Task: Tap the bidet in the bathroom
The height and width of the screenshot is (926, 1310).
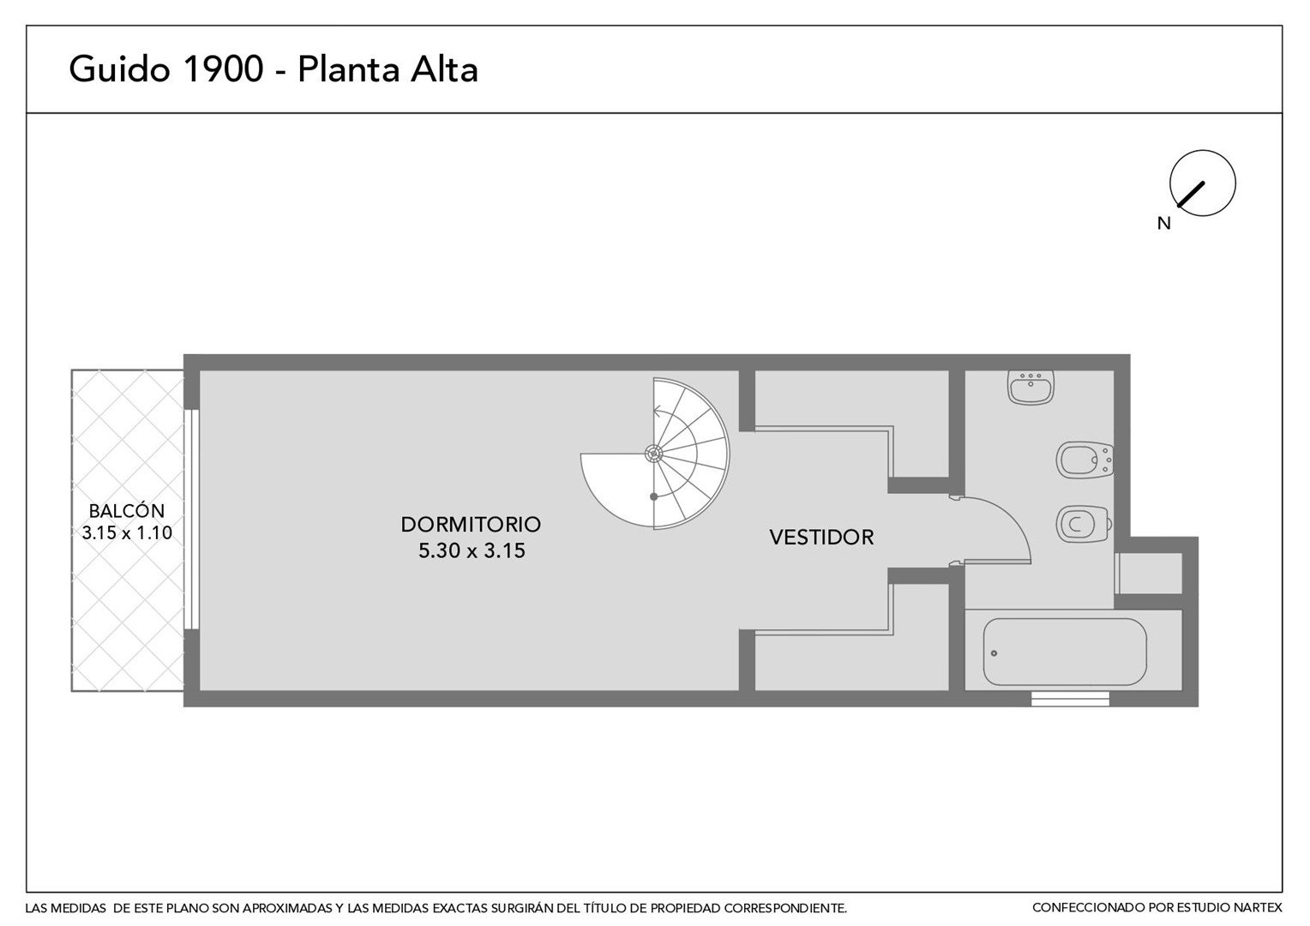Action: (x=1085, y=460)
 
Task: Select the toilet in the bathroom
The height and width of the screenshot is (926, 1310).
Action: (x=1084, y=524)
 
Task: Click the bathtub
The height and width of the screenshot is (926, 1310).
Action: (x=1065, y=652)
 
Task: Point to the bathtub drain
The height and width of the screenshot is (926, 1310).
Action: (x=995, y=653)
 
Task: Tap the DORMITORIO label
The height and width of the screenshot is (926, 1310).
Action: (x=471, y=524)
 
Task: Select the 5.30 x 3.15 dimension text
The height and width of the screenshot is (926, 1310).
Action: (x=472, y=550)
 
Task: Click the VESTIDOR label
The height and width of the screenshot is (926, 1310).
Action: (x=821, y=537)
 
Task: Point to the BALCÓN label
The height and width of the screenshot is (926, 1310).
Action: (x=127, y=511)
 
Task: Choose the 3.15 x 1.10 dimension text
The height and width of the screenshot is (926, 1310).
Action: (x=127, y=533)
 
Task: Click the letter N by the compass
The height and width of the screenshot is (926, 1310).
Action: (x=1163, y=224)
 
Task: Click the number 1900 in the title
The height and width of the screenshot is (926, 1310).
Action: (x=223, y=69)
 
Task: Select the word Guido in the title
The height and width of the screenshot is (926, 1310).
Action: (x=119, y=69)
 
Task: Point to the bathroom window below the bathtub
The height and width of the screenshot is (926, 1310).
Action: (x=1070, y=699)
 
